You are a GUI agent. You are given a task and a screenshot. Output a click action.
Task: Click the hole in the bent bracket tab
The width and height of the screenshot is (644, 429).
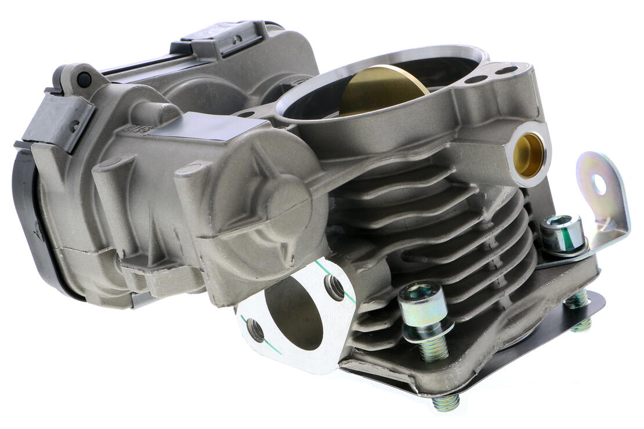pyautogui.click(x=599, y=184)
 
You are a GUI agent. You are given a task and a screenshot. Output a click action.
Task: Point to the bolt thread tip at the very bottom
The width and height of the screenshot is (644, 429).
pyautogui.click(x=446, y=403)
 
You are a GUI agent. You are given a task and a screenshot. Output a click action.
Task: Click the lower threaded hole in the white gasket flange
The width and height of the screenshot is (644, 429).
pyautogui.click(x=256, y=329)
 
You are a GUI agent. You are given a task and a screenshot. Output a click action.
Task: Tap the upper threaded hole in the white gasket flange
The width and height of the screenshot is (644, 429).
pyautogui.click(x=334, y=286)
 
